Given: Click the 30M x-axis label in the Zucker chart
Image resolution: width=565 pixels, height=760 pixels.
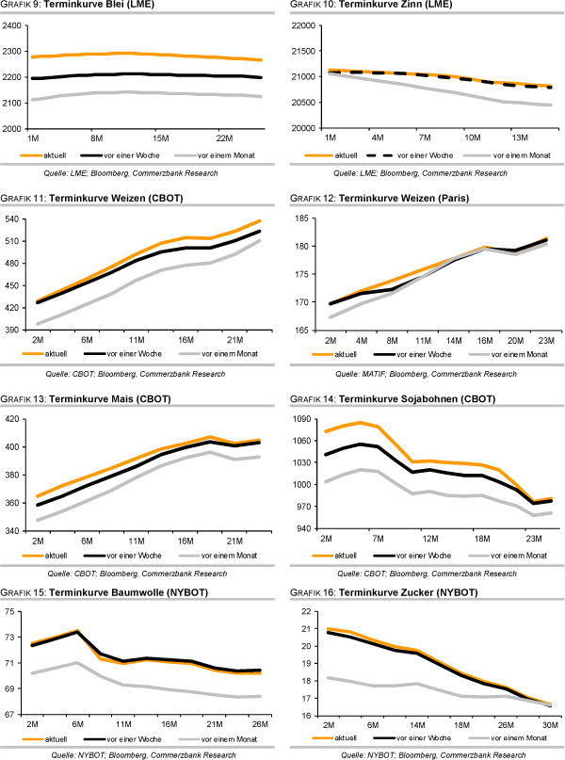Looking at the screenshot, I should tap(549, 725).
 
